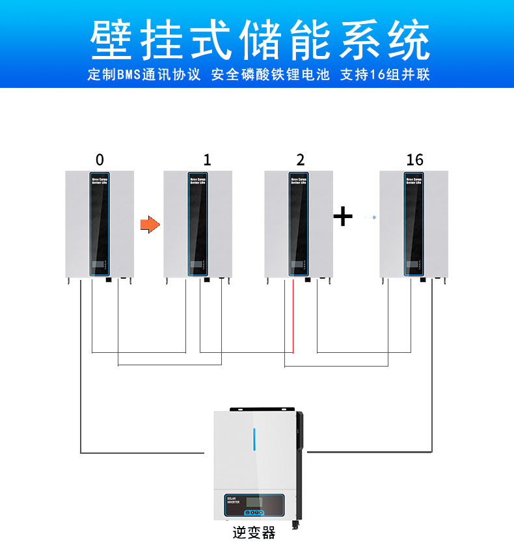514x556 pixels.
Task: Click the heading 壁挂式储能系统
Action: pyautogui.click(x=260, y=40)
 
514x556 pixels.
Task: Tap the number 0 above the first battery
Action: pyautogui.click(x=100, y=160)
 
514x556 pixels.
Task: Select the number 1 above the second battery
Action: pyautogui.click(x=207, y=160)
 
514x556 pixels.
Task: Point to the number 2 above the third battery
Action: pyautogui.click(x=300, y=160)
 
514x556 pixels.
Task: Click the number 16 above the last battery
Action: pyautogui.click(x=414, y=160)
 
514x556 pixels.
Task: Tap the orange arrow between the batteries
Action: pyautogui.click(x=150, y=225)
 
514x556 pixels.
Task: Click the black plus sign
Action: pyautogui.click(x=343, y=215)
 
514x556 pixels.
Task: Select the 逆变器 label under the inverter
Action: pyautogui.click(x=254, y=533)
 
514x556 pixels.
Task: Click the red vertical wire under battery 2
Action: pyautogui.click(x=293, y=316)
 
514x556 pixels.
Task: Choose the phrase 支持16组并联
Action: pyautogui.click(x=385, y=75)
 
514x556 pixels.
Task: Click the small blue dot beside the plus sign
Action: pyautogui.click(x=375, y=217)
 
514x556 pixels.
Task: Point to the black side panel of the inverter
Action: pyautogui.click(x=300, y=469)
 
